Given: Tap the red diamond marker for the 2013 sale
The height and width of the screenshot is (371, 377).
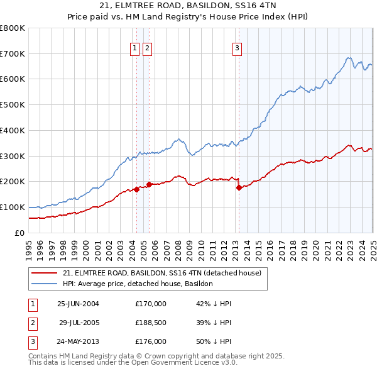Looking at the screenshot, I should click(x=239, y=187).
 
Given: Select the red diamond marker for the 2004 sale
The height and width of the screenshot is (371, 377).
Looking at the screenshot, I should click(x=136, y=189).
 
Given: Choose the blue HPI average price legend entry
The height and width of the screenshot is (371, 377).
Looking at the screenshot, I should click(x=138, y=284).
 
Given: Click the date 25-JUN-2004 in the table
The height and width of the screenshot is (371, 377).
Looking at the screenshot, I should click(x=78, y=304).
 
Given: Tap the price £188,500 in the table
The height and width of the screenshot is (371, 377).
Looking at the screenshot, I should click(x=151, y=323).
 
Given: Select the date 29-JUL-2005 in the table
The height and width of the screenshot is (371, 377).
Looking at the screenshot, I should click(x=79, y=323).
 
